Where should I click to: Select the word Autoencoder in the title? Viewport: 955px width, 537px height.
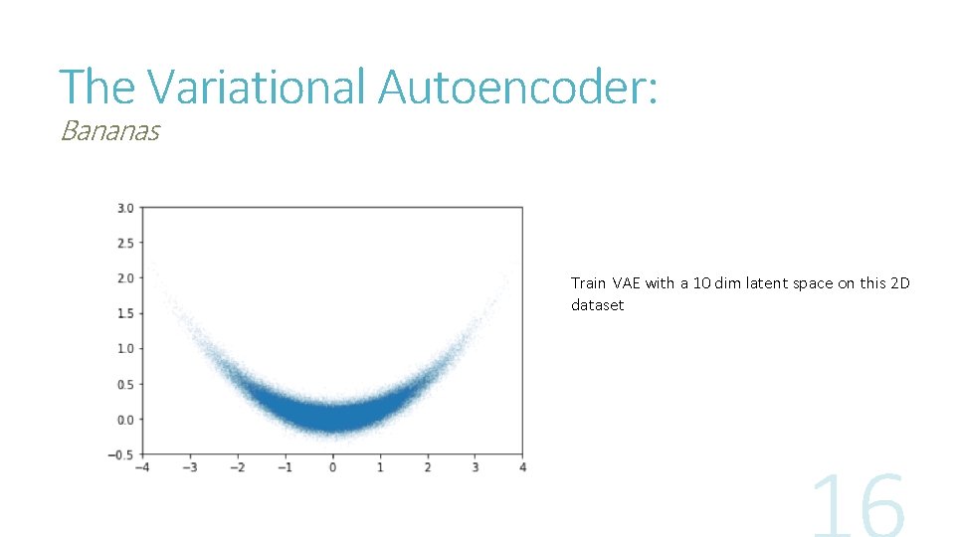[x=517, y=87]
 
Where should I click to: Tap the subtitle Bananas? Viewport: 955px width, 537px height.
[x=109, y=131]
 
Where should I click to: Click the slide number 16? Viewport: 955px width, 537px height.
[x=858, y=507]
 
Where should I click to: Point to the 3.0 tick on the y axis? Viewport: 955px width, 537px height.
[x=125, y=208]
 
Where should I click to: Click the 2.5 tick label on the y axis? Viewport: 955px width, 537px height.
[x=125, y=243]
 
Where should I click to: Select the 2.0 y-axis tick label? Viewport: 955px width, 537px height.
[x=125, y=278]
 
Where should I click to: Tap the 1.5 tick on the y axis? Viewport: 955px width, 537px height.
[x=125, y=313]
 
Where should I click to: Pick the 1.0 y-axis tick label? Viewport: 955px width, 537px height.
[x=125, y=349]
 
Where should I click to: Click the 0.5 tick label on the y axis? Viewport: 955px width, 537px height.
[x=125, y=384]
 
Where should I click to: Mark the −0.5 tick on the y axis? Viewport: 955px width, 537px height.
[x=121, y=454]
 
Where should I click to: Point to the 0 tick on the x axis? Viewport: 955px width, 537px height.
[x=333, y=467]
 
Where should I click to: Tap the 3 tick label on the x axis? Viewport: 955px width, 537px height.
[x=476, y=467]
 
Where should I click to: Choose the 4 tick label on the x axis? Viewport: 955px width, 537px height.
[x=523, y=467]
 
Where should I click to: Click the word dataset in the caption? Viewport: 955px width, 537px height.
[x=597, y=305]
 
